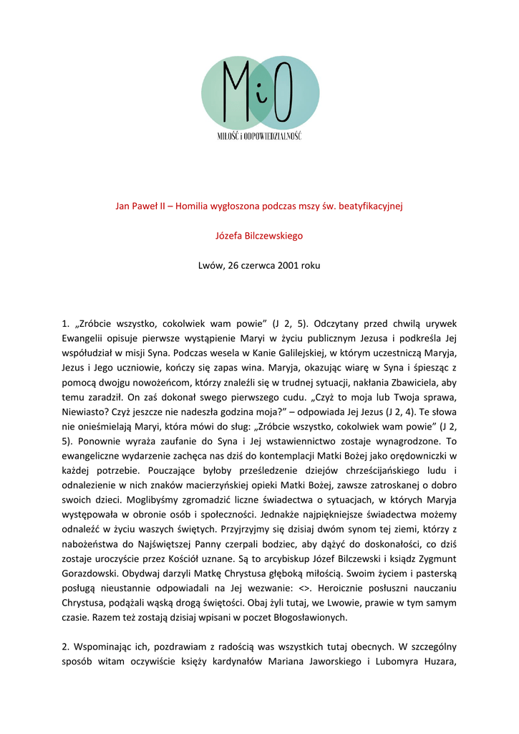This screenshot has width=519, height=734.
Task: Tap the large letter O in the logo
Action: point(282,92)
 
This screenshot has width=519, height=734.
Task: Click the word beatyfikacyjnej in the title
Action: point(372,207)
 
